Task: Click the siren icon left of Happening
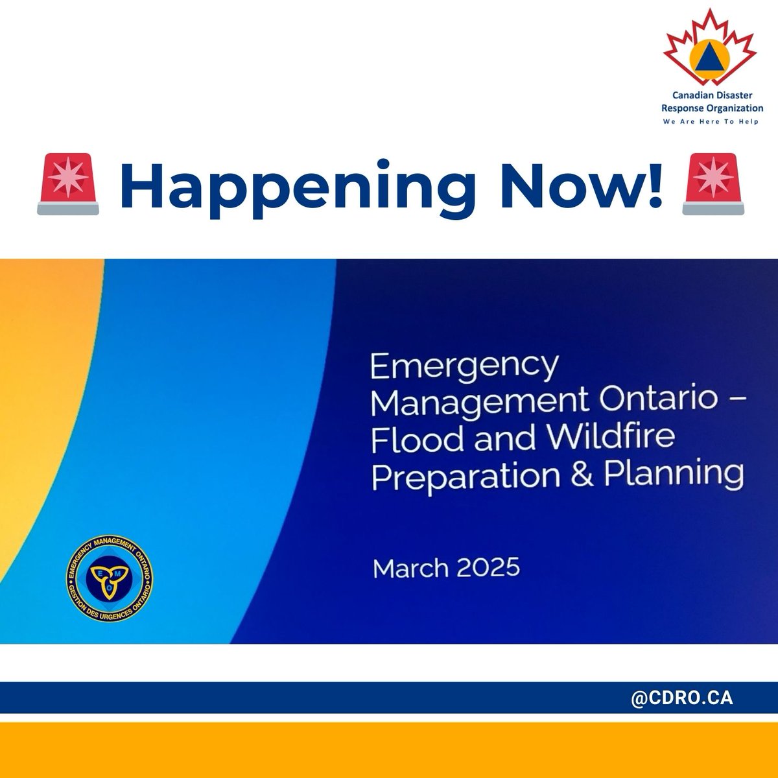coord(68,185)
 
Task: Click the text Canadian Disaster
coord(712,95)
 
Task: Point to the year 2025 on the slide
coord(488,568)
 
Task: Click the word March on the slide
coord(410,569)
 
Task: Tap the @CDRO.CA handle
coord(681,698)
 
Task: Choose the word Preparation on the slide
coord(466,477)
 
